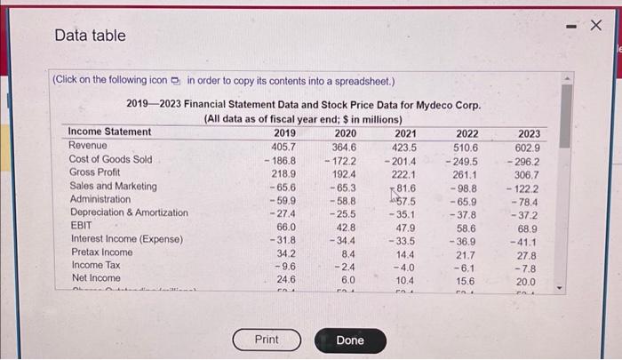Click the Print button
click(x=267, y=340)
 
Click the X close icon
click(x=596, y=24)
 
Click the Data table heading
click(x=90, y=36)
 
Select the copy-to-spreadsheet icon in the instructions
click(x=174, y=79)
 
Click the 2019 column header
click(x=284, y=132)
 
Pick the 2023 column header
click(x=528, y=133)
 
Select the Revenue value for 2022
click(x=466, y=147)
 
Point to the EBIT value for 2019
click(x=284, y=226)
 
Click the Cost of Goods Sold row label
click(x=110, y=160)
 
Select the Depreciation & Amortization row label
click(x=129, y=212)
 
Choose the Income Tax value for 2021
click(x=404, y=267)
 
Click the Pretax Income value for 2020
click(x=348, y=252)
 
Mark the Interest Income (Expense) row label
click(x=126, y=239)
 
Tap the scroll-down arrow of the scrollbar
click(x=566, y=287)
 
